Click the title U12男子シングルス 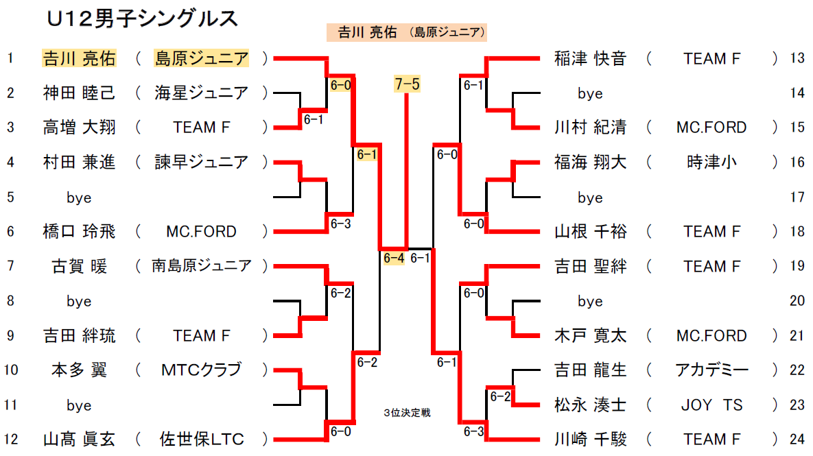tap(143, 19)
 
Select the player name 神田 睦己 tap(79, 93)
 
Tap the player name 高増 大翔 tap(79, 128)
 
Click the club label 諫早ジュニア tap(202, 163)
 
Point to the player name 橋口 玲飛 tap(79, 232)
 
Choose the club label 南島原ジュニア tap(202, 266)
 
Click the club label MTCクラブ tap(202, 370)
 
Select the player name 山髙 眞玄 tap(79, 440)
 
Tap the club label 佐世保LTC tap(202, 440)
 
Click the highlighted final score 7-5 tap(408, 84)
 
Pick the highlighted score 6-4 tap(394, 258)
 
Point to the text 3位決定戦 tap(407, 413)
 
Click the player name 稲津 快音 tap(590, 59)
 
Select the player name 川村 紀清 tap(590, 128)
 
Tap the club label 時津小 tap(711, 163)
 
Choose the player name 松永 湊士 tap(590, 405)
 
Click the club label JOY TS tap(711, 405)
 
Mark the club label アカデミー tap(711, 370)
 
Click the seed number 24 tap(797, 440)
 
